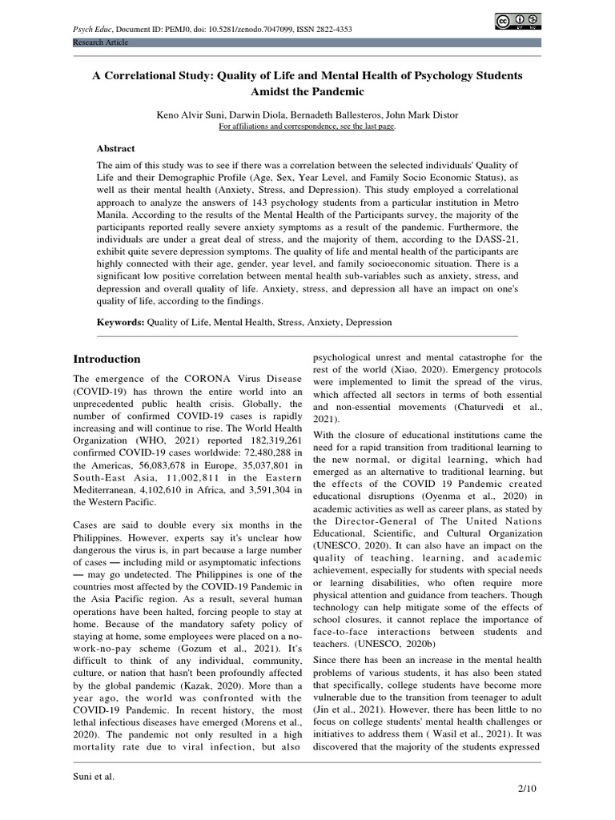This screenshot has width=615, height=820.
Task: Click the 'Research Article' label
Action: pyautogui.click(x=100, y=42)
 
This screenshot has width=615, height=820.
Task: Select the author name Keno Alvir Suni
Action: pyautogui.click(x=189, y=115)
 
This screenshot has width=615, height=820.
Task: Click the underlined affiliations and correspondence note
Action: pyautogui.click(x=307, y=127)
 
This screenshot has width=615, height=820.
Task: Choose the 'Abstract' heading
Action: pyautogui.click(x=116, y=149)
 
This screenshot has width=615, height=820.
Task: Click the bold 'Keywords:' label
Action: pyautogui.click(x=120, y=322)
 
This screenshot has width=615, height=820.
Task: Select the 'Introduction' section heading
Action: pyautogui.click(x=107, y=359)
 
